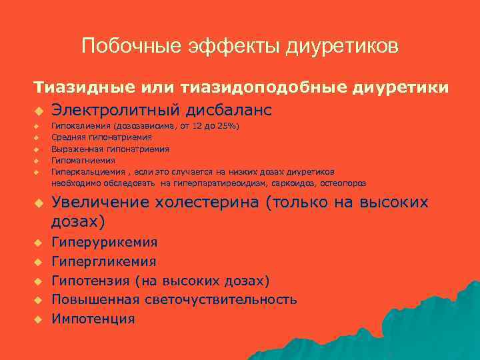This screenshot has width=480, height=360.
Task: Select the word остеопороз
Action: click(x=343, y=183)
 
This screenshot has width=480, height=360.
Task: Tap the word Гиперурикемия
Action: click(x=105, y=242)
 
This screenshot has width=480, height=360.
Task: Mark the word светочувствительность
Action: click(x=220, y=299)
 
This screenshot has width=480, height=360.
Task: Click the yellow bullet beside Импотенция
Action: click(x=39, y=319)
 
